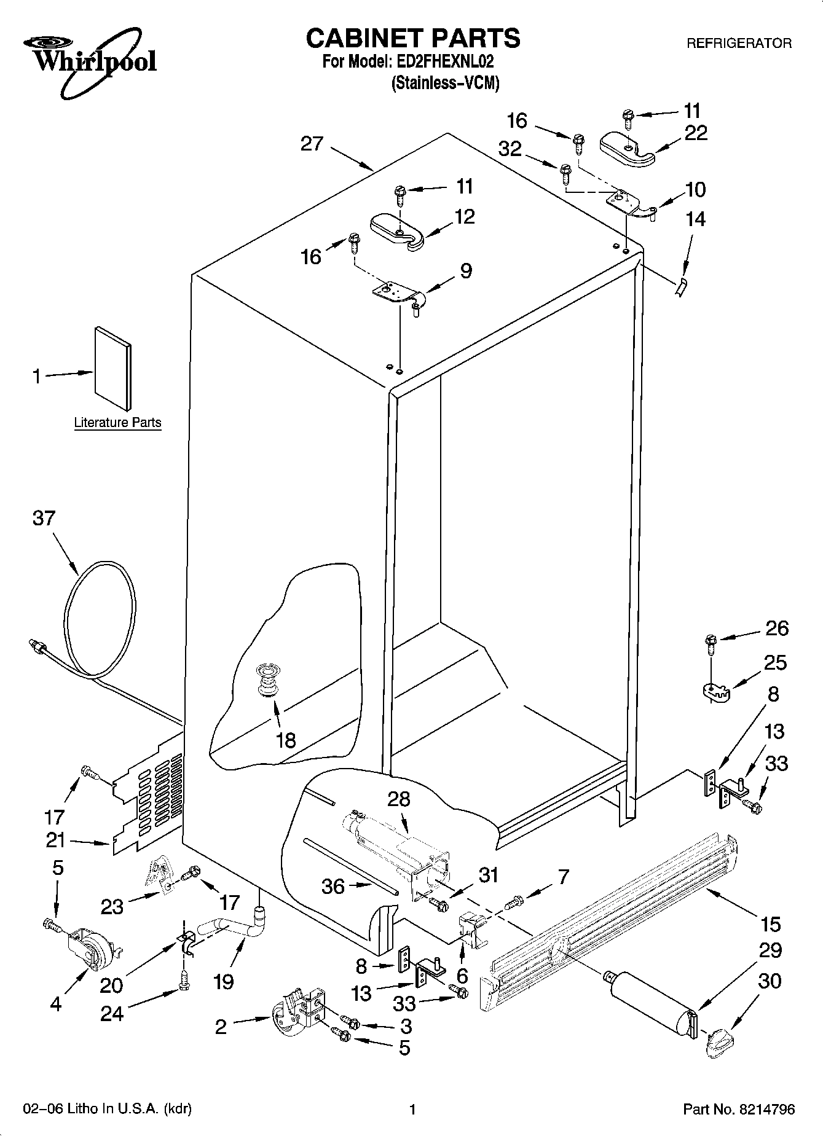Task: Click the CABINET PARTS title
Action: [412, 38]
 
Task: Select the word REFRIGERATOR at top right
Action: [739, 44]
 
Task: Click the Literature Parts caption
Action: [117, 423]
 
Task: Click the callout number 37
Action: [44, 519]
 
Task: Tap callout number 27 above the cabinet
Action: [312, 144]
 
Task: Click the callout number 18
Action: [286, 740]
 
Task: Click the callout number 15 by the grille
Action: [770, 924]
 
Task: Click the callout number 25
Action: [775, 663]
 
